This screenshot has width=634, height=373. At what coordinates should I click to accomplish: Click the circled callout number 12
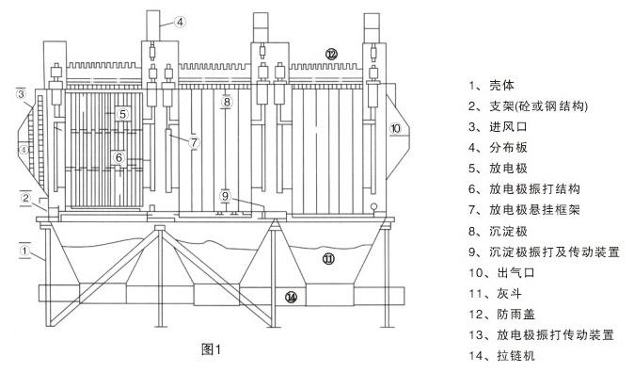click(331, 54)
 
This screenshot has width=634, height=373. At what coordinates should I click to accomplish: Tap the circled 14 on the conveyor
click(291, 298)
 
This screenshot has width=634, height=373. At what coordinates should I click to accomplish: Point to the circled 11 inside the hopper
click(328, 258)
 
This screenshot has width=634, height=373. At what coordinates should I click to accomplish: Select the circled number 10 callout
click(395, 129)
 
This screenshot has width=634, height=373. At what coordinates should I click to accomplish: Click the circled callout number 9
click(225, 197)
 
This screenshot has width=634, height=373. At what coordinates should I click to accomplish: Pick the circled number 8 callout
click(227, 102)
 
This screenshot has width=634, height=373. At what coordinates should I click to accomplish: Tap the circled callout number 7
click(195, 142)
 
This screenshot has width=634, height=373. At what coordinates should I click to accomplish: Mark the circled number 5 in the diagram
click(123, 114)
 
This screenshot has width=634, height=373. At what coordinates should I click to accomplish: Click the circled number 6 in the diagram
click(119, 157)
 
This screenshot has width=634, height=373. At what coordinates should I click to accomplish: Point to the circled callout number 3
click(21, 94)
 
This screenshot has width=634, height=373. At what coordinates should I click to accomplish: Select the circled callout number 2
click(25, 198)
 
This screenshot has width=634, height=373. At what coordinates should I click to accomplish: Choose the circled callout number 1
click(24, 251)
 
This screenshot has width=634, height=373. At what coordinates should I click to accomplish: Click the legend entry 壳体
click(501, 85)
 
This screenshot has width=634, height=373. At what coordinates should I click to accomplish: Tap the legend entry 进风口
click(508, 127)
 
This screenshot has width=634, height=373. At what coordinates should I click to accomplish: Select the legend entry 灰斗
click(509, 293)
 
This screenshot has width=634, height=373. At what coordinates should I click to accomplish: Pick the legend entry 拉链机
click(515, 356)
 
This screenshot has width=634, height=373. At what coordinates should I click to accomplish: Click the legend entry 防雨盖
click(515, 315)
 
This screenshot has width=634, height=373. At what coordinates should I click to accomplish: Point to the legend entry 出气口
click(515, 272)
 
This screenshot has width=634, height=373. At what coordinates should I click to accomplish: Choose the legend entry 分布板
click(508, 148)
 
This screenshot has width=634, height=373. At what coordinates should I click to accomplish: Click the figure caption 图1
click(211, 349)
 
